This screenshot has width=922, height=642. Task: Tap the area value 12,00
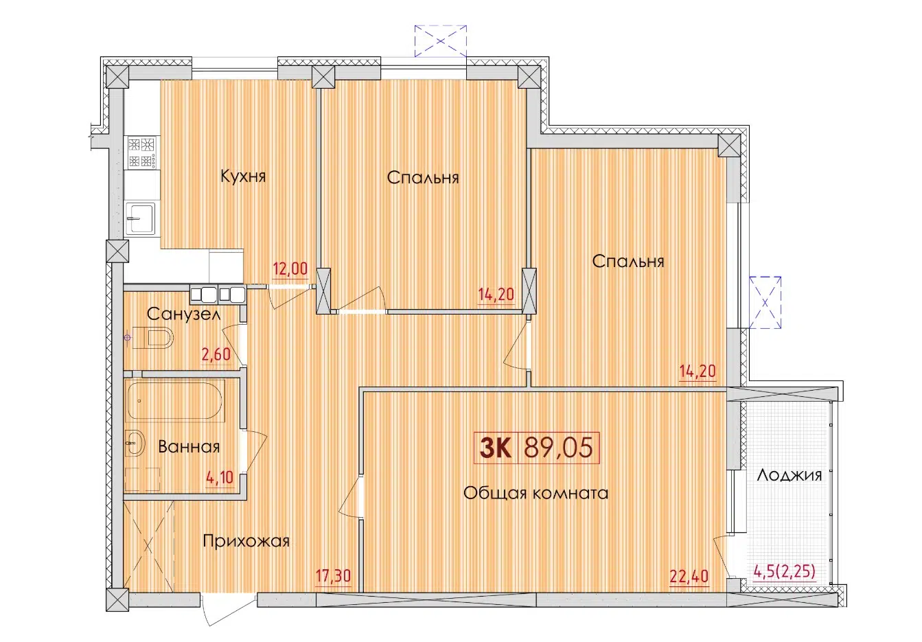290,268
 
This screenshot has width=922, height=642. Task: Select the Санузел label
183,314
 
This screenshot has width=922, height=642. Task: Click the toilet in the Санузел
154,338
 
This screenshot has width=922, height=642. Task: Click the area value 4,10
220,476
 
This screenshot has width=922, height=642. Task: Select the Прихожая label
246,541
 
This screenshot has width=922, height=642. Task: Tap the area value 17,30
333,575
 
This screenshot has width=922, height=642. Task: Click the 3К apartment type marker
494,448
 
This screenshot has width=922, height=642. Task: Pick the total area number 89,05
557,448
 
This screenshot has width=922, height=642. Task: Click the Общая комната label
535,493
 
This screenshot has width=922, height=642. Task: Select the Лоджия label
789,475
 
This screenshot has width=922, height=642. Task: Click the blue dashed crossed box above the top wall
441,40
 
